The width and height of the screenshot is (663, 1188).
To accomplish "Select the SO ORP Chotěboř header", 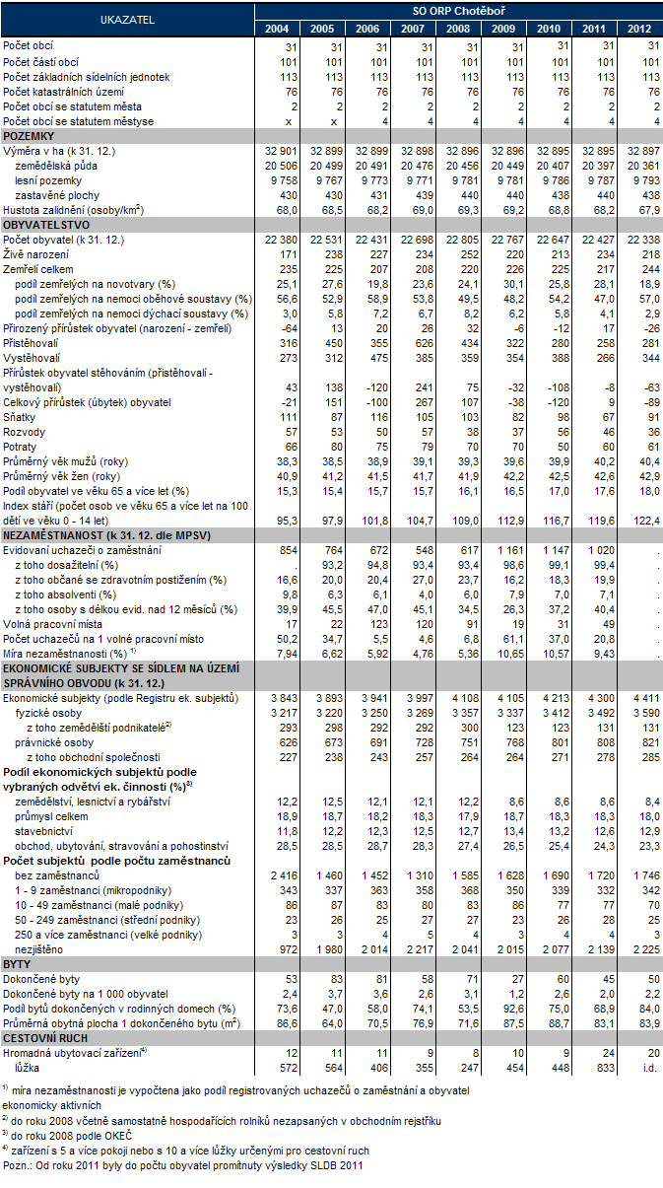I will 458,9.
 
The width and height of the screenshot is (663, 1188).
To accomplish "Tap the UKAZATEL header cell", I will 127,18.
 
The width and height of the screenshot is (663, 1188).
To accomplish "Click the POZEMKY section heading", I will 29,135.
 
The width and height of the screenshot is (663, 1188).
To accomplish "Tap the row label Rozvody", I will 26,431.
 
